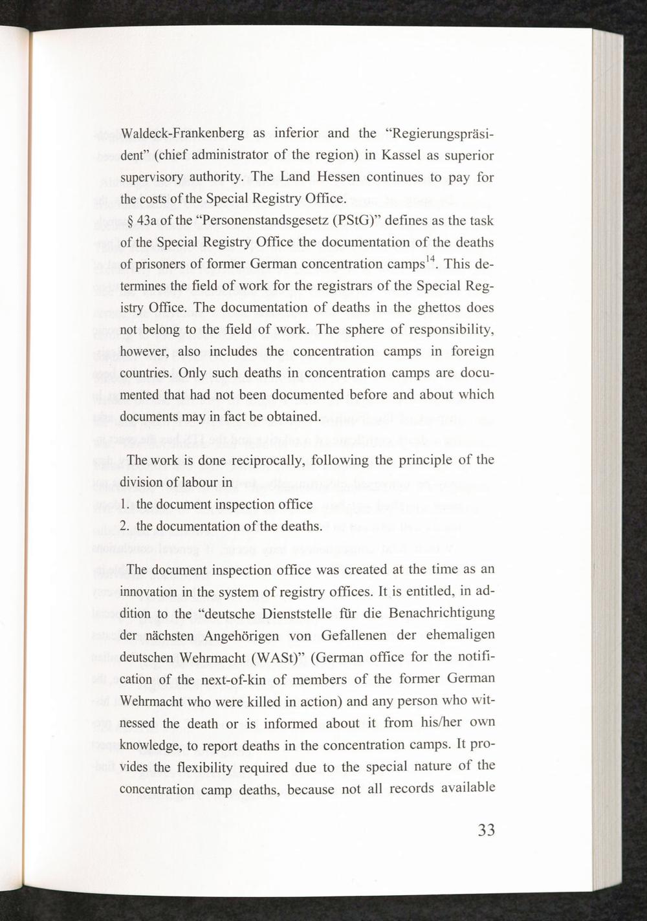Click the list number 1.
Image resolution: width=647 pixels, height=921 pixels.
tap(124, 504)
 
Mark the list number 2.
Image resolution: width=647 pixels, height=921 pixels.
tap(124, 526)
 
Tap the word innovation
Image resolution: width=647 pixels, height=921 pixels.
tap(151, 592)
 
